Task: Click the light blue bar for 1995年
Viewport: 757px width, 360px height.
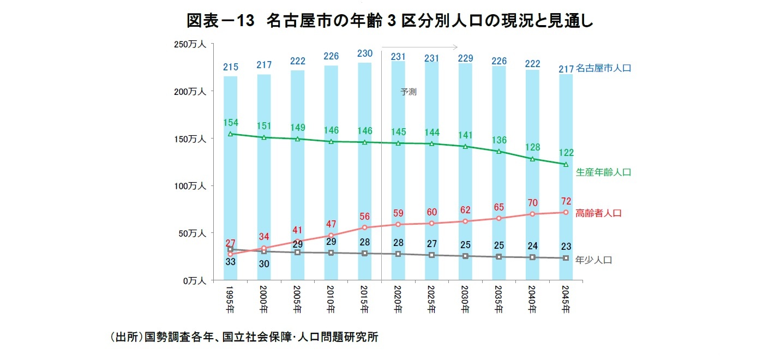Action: click(x=230, y=180)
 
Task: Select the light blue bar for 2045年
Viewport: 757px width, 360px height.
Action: click(x=566, y=180)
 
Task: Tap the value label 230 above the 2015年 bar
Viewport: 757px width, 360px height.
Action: click(x=364, y=53)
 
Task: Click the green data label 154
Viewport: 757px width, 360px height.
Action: click(x=231, y=123)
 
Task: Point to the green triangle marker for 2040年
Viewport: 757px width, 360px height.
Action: click(x=532, y=159)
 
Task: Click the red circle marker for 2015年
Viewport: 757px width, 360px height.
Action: click(x=364, y=227)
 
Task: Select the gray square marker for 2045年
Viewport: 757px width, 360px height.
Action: click(x=566, y=258)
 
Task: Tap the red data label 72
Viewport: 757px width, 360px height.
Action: click(x=566, y=201)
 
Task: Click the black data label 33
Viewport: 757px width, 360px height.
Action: click(x=230, y=262)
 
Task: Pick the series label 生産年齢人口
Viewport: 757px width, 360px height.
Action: click(x=603, y=172)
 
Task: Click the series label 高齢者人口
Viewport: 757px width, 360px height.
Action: click(x=598, y=213)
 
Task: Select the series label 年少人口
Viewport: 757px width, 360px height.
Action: click(x=594, y=260)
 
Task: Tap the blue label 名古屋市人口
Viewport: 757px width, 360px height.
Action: click(x=603, y=68)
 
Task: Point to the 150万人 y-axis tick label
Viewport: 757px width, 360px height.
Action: click(x=190, y=139)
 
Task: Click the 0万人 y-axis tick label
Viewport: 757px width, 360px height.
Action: click(x=195, y=280)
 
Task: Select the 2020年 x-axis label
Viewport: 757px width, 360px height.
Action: click(x=398, y=299)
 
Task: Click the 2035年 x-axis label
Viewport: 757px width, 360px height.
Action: click(x=498, y=299)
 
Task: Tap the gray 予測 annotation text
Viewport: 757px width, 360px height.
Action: click(x=408, y=92)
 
